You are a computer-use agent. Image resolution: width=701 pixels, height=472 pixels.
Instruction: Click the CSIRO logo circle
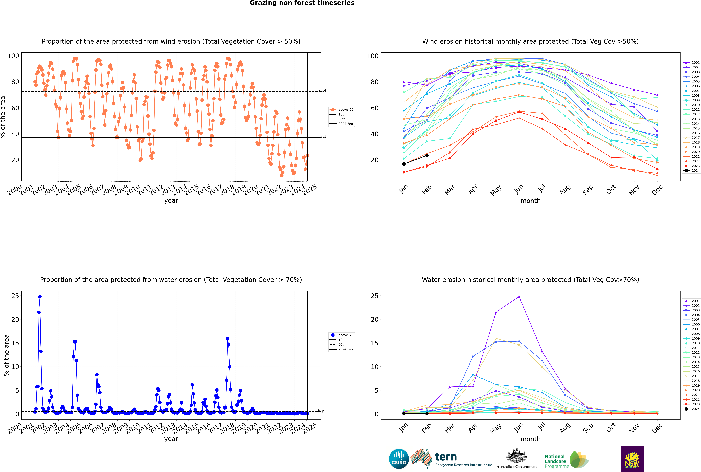tap(399, 459)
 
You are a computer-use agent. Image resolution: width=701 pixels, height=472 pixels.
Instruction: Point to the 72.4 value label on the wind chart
tap(322, 90)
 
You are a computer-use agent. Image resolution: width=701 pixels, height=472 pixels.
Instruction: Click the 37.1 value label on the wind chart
tap(322, 136)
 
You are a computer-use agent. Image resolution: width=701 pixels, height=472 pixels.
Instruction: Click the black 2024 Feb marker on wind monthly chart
tap(427, 155)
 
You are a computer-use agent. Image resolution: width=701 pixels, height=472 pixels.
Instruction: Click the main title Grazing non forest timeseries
tap(302, 3)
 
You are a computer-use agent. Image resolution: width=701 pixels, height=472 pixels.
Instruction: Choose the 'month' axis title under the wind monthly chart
tap(530, 201)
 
